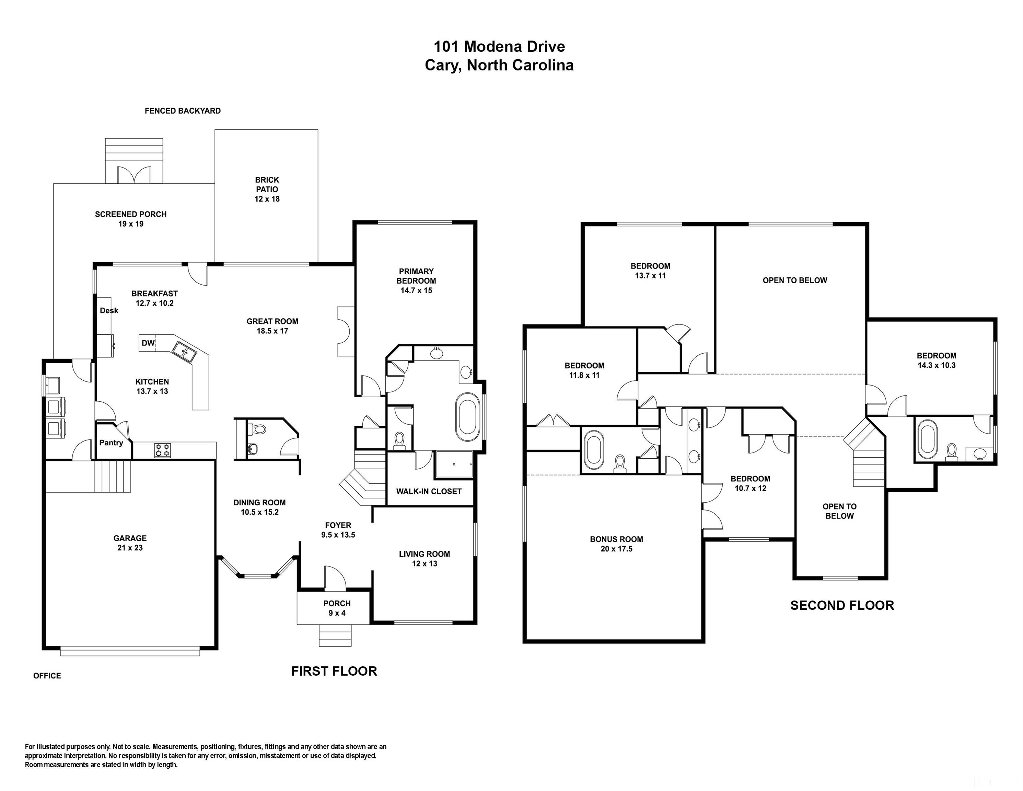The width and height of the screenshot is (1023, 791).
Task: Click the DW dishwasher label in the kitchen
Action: [x=148, y=343]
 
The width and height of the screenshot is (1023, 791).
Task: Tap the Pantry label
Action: [x=111, y=442]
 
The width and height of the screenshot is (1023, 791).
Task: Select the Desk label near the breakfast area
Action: [x=109, y=310]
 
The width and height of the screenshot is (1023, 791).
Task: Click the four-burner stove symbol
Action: [x=162, y=450]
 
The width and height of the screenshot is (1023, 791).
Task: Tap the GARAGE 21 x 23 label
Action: [x=130, y=543]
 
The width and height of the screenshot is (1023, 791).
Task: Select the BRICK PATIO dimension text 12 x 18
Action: [x=267, y=199]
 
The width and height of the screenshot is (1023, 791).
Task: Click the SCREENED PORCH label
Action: [x=131, y=214]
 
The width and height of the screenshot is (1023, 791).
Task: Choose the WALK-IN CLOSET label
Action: [x=429, y=491]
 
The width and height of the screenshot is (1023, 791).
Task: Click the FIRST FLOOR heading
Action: [x=334, y=671]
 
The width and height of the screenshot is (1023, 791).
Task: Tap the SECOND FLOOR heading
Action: [x=842, y=605]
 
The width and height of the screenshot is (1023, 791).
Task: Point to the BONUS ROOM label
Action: [x=616, y=539]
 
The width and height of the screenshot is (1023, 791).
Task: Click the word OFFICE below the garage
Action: [x=47, y=675]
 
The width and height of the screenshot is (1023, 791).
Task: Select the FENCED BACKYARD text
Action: [x=183, y=111]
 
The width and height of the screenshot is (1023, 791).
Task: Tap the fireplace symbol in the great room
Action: [x=344, y=331]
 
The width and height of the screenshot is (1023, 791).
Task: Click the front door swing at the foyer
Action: [x=335, y=577]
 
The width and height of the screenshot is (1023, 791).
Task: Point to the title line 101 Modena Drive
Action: [x=499, y=46]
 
